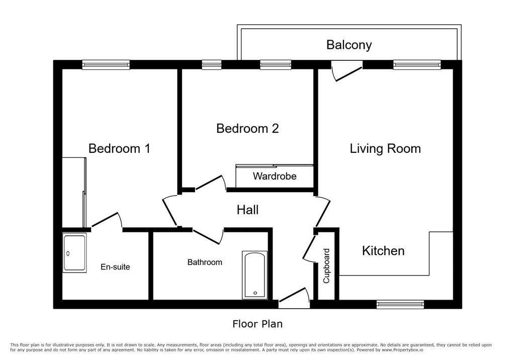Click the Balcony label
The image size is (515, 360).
[x=349, y=45]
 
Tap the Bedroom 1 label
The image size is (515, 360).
[x=119, y=148]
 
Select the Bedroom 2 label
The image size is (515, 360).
[x=247, y=128]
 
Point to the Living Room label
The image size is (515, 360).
[x=385, y=149]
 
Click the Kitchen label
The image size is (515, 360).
[x=383, y=251]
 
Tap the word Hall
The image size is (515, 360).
[x=247, y=210]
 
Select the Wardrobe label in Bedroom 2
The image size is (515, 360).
[x=275, y=176]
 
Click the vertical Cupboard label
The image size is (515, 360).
[x=326, y=266]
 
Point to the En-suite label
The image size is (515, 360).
[x=115, y=266]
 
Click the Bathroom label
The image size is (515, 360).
[x=205, y=262]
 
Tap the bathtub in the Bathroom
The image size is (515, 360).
[x=255, y=275]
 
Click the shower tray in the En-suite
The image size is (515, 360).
[x=74, y=253]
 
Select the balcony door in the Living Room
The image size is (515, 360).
[x=347, y=71]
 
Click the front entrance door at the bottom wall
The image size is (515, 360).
[x=294, y=298]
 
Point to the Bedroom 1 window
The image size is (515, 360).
[x=106, y=65]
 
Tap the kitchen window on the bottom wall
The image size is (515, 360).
[x=400, y=304]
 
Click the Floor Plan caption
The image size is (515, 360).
[x=257, y=324]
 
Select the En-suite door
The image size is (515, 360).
[x=107, y=221]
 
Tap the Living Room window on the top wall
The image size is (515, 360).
[x=417, y=65]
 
